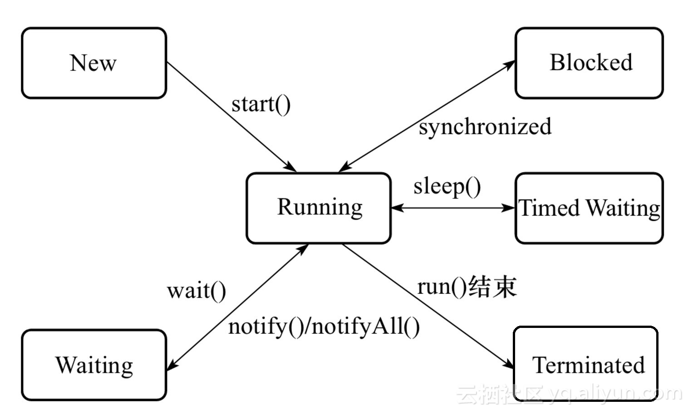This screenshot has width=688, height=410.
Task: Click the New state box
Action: tap(94, 63)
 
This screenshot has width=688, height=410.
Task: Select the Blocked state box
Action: tap(589, 63)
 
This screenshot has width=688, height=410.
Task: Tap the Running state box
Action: tap(319, 208)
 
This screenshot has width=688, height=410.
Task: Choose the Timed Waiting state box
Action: tap(589, 208)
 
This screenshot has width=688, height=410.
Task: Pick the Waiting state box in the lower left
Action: tap(94, 365)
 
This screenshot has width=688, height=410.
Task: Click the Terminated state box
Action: tap(586, 364)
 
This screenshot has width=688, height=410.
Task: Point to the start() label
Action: tap(260, 104)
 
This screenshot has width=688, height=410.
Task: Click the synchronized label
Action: tap(485, 127)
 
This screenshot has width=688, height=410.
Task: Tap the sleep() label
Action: tap(447, 186)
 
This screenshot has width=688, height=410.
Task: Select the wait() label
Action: tap(196, 291)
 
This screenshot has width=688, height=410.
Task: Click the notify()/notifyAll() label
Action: tap(324, 327)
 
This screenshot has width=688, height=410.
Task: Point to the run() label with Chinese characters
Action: tap(467, 287)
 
